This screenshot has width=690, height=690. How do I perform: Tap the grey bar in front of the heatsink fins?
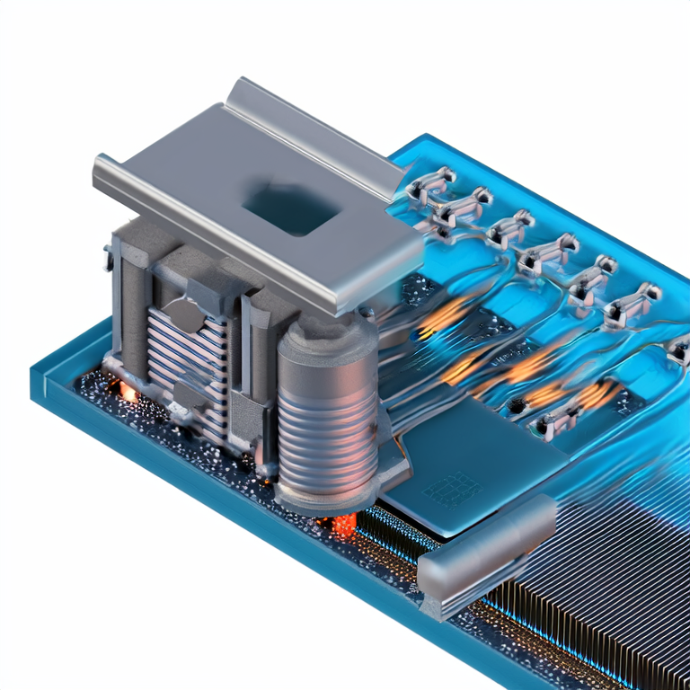[485, 550]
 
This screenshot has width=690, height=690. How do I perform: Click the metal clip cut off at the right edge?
[678, 346]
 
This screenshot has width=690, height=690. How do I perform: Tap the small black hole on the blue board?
[514, 406]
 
